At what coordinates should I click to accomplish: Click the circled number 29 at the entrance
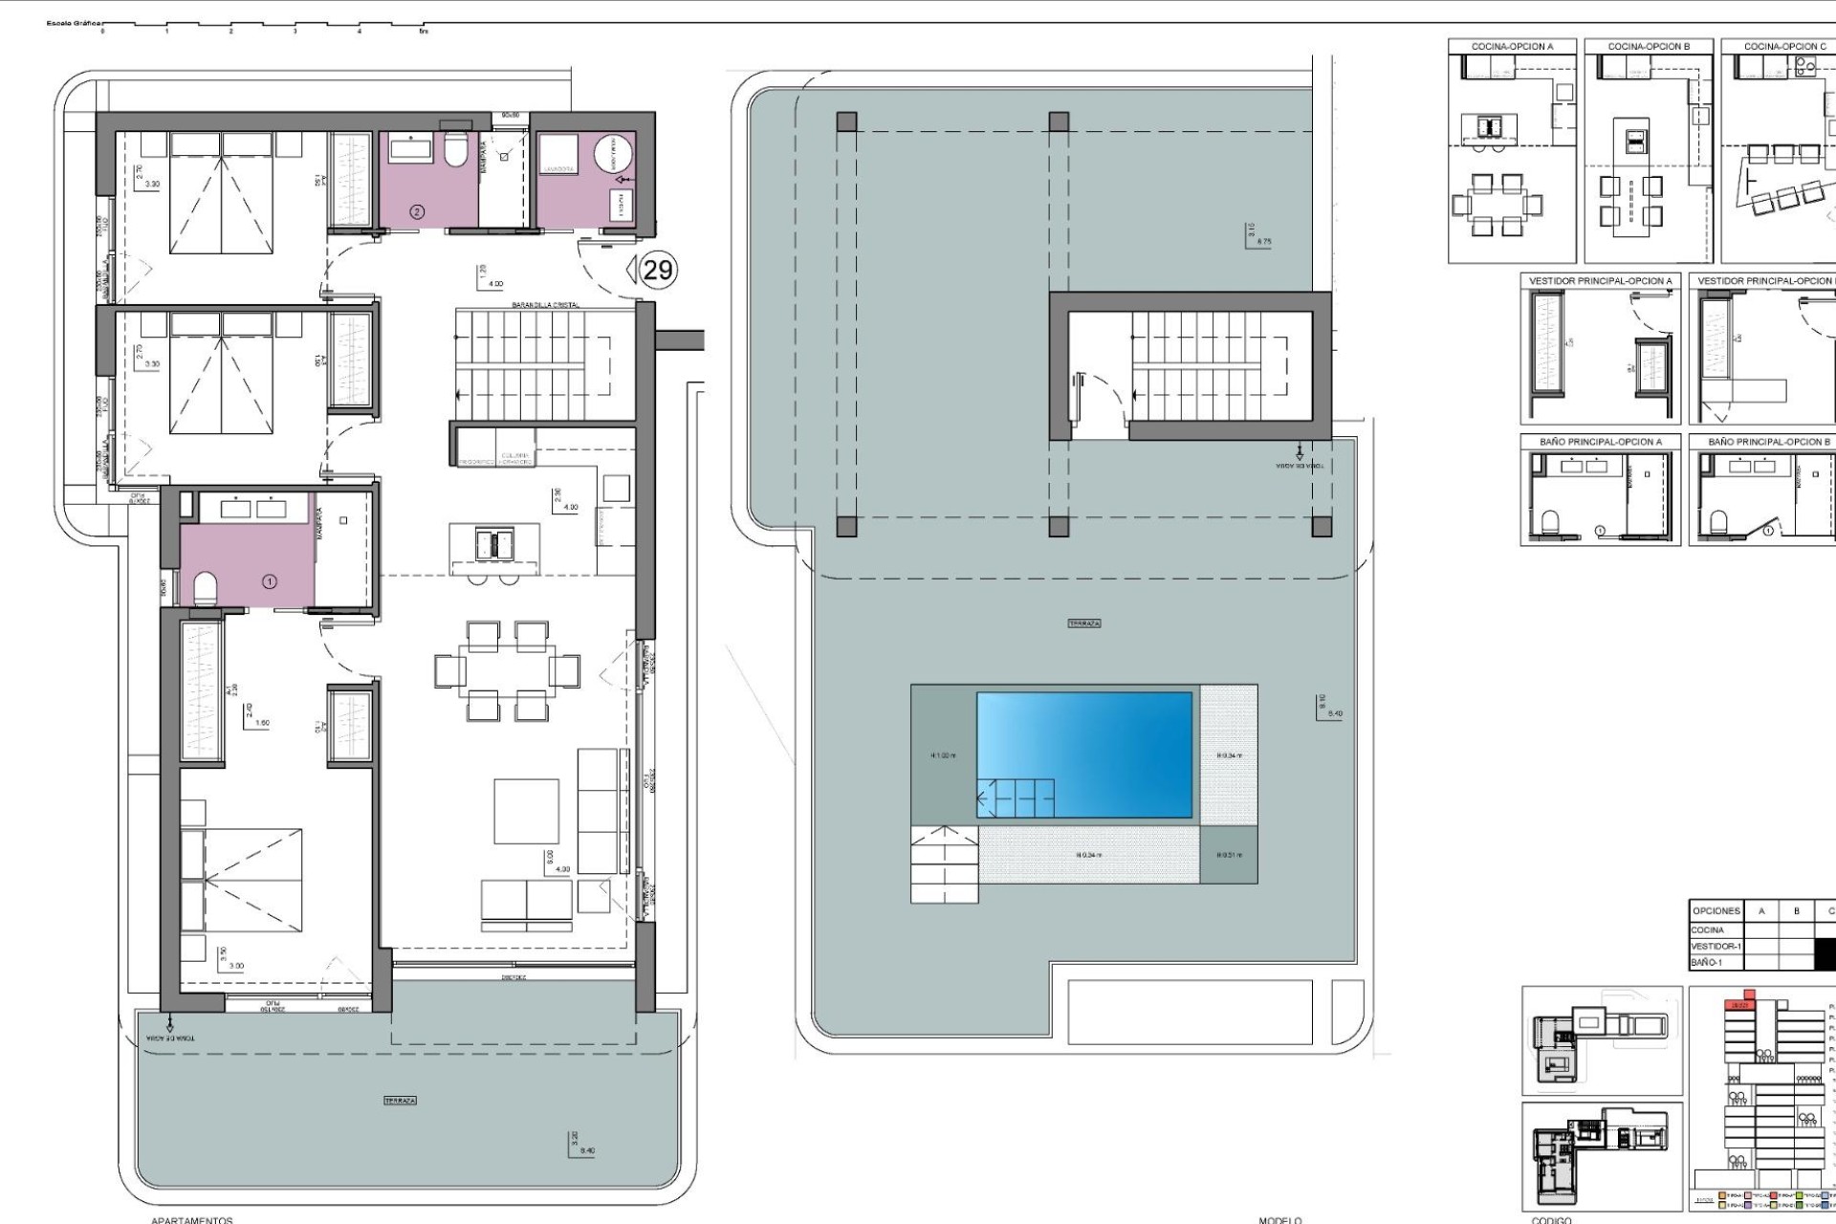click(658, 271)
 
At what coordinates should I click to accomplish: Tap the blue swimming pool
click(1084, 755)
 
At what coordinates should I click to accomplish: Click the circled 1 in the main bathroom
click(270, 580)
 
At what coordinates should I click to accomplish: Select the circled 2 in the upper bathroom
click(416, 211)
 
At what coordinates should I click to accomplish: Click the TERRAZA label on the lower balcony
click(400, 1101)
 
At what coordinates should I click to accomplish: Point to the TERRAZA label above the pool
click(1084, 623)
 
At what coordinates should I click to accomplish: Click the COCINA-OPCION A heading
click(1512, 46)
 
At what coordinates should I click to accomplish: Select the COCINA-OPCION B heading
click(1649, 46)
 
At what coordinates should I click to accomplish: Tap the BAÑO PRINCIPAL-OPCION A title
click(1601, 442)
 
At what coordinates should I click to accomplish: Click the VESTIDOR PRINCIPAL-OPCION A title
click(1601, 281)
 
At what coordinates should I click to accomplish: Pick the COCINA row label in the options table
click(1708, 929)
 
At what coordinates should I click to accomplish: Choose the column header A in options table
click(1761, 911)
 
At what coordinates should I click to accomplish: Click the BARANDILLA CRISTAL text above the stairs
click(546, 304)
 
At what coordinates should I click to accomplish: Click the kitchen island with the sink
click(494, 544)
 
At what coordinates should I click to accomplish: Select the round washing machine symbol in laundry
click(614, 155)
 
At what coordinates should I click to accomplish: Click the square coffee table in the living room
click(526, 811)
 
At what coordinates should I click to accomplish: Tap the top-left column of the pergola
click(846, 121)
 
